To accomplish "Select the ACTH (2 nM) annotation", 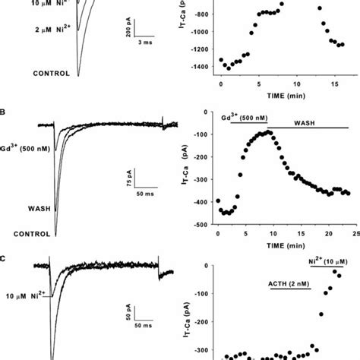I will pos(287,305).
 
